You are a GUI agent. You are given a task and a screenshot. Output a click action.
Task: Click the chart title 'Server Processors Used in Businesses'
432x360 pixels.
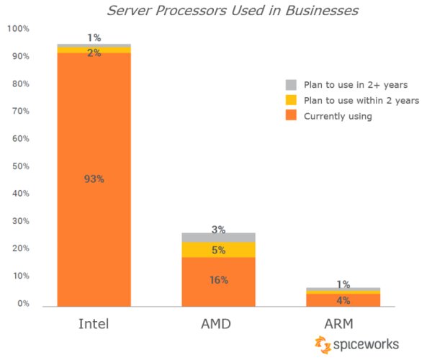coord(232,11)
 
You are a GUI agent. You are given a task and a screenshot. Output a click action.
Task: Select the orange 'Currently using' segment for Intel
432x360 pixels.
coord(94,216)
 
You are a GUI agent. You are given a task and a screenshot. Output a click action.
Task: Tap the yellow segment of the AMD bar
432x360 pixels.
coord(218,249)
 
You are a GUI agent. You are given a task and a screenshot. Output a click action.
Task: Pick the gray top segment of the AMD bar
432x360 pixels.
coord(218,238)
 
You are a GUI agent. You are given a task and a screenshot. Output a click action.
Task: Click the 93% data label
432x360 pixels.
coord(94,179)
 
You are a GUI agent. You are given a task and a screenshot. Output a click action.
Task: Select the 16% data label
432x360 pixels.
coord(218,280)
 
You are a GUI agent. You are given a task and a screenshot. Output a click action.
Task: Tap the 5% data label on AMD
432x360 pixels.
coord(218,251)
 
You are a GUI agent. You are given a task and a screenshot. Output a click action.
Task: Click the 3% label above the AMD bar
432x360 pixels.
coord(218,230)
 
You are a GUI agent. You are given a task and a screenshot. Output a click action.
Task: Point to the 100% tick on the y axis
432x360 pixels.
coord(18,29)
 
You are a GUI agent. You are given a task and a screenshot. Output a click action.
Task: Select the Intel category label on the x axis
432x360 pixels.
coord(94,324)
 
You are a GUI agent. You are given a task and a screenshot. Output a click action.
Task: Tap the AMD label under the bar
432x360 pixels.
coord(218,324)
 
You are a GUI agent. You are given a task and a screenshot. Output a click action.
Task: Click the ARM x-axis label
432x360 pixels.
coord(343,324)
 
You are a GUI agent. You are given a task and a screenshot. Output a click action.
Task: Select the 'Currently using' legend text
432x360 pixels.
coord(338,117)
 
